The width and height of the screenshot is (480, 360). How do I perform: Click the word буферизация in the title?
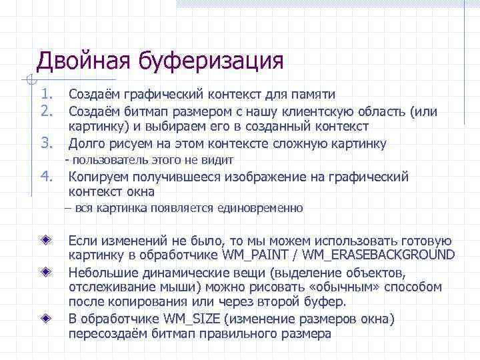click(x=211, y=61)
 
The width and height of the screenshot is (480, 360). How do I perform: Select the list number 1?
click(x=46, y=94)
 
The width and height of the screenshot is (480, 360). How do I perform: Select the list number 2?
click(x=46, y=110)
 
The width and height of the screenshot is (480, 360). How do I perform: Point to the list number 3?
click(x=46, y=142)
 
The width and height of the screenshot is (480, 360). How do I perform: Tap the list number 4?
click(x=46, y=176)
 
